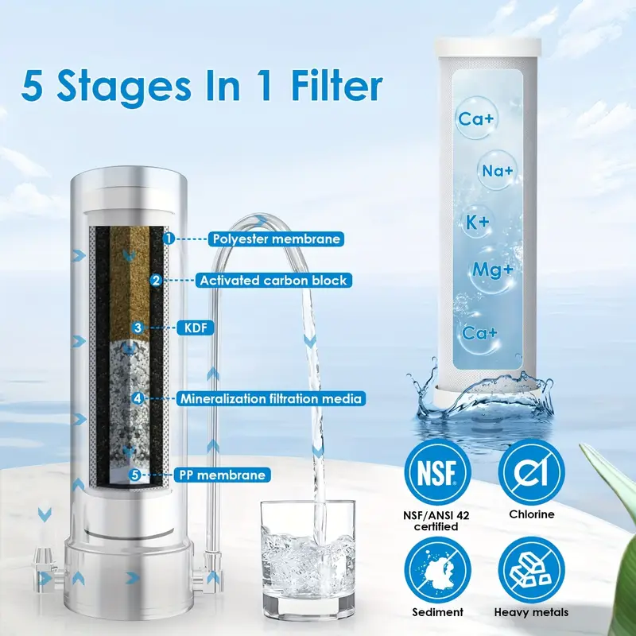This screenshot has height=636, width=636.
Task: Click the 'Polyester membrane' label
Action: [276, 239]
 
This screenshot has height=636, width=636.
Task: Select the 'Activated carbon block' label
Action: [273, 281]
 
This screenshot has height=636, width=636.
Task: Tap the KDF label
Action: [196, 328]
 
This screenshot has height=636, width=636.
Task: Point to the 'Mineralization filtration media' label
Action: [270, 399]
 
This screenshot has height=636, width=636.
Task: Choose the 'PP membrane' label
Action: [223, 475]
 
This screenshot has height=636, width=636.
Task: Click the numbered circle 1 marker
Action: [169, 238]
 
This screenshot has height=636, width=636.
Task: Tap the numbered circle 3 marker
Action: [138, 328]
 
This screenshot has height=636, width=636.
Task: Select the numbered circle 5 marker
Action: [135, 475]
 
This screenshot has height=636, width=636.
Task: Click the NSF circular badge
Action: [437, 471]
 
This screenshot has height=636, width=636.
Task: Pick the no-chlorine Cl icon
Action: [531, 471]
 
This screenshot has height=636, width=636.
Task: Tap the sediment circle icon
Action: [437, 570]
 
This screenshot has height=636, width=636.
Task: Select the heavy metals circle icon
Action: [531, 570]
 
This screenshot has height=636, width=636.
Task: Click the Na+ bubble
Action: [497, 170]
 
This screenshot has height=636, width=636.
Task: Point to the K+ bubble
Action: [478, 223]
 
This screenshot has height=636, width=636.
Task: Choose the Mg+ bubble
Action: [491, 270]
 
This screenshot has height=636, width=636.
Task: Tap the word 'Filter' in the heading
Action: [337, 87]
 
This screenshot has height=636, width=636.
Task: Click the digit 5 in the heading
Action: [33, 87]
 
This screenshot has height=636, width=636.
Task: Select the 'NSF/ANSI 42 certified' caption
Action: [436, 521]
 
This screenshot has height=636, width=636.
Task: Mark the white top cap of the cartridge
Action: [487, 47]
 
